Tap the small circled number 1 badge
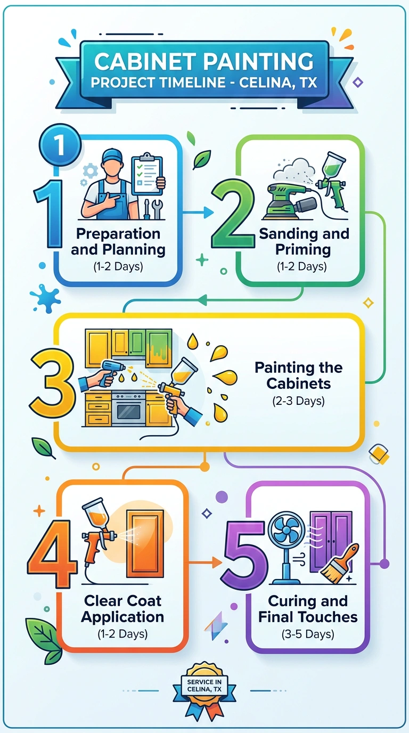[x=60, y=144]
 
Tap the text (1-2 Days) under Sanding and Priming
[x=301, y=266]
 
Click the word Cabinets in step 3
[x=298, y=384]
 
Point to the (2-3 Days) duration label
[x=298, y=401]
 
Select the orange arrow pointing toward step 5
[x=205, y=562]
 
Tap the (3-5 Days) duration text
[x=308, y=634]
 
